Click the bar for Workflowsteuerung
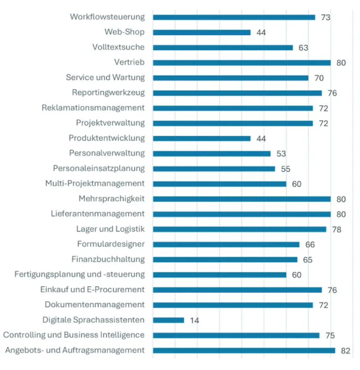tap(234, 18)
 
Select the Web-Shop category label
tap(124, 32)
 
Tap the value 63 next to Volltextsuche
tap(303, 48)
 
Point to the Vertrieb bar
tap(242, 63)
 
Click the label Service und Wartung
tap(105, 78)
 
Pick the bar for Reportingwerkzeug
tap(237, 93)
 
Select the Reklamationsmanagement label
tap(93, 107)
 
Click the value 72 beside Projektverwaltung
tap(324, 123)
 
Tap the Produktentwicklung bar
tap(201, 138)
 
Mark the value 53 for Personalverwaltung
tap(281, 154)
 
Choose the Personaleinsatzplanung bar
tap(214, 169)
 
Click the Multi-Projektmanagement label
tap(95, 183)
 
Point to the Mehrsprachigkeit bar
tap(242, 199)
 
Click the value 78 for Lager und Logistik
tap(336, 230)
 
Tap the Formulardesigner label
tap(111, 244)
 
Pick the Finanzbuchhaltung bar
tap(225, 260)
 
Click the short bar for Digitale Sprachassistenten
tap(168, 320)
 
